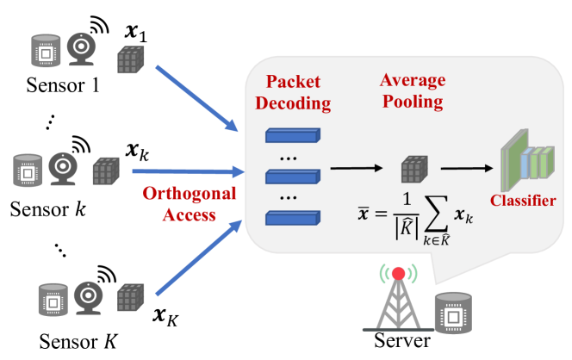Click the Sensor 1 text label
coord(63,85)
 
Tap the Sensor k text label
coord(47,209)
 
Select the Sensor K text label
coord(78,341)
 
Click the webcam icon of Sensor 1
coord(81,49)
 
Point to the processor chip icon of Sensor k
coord(28,171)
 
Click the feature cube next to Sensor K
coord(131,297)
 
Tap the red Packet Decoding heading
coord(293,92)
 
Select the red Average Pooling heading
coord(413,90)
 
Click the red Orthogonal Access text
coord(189,204)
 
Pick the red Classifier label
coord(523,201)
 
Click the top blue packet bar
coord(293,135)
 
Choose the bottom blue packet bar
coord(293,218)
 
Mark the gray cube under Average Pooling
coord(414,170)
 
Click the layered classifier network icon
coord(527,160)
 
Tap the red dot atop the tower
coord(398,274)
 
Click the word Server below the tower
coord(402,340)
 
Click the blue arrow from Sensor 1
coord(197,98)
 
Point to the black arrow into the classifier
coord(467,168)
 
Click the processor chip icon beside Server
coord(453,313)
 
